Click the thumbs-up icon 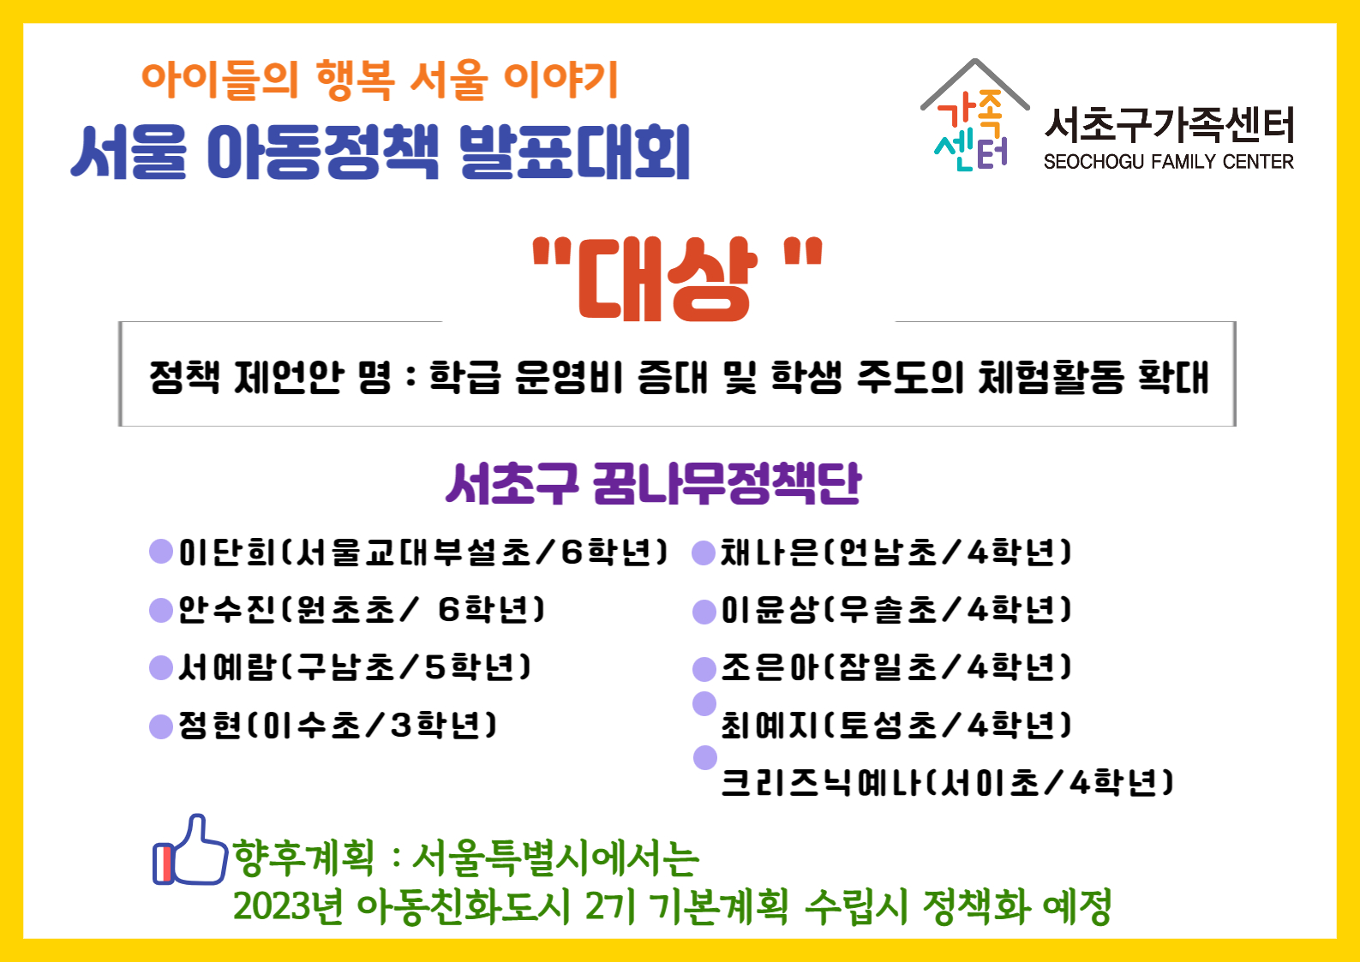189,850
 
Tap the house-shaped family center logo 974,115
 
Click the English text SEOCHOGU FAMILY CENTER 1169,162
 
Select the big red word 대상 668,278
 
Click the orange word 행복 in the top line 356,80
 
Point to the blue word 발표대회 574,152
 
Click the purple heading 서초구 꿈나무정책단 653,483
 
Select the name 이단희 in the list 227,553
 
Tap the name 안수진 227,610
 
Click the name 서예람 227,667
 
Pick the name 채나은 770,553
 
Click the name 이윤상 770,610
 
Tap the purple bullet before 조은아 704,669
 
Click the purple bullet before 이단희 161,551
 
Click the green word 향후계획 303,858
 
